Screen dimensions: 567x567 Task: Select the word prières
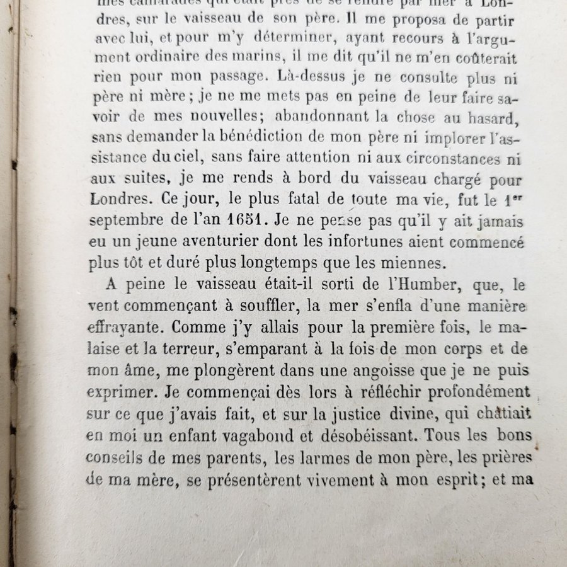click(x=499, y=455)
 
